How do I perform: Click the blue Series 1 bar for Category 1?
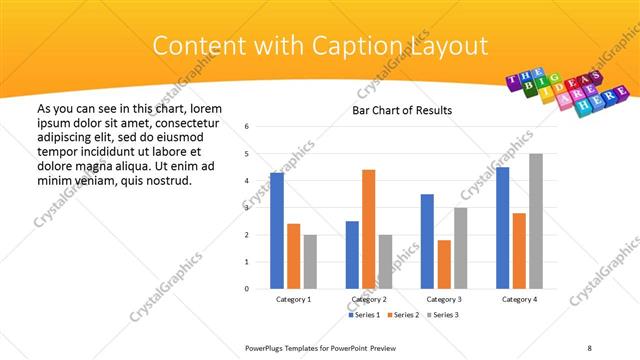point(277,230)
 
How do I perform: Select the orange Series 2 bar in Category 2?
point(368,229)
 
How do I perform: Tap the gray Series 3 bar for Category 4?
point(536,221)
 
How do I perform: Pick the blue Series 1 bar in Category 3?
point(427,241)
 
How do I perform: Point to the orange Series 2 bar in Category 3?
point(444,264)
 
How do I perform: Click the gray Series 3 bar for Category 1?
point(310,262)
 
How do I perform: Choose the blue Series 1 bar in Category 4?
point(502,228)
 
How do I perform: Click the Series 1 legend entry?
point(365,315)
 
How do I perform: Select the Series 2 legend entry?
point(405,315)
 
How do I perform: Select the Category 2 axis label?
point(368,299)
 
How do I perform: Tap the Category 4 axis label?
point(519,299)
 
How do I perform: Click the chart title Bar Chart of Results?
point(402,110)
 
